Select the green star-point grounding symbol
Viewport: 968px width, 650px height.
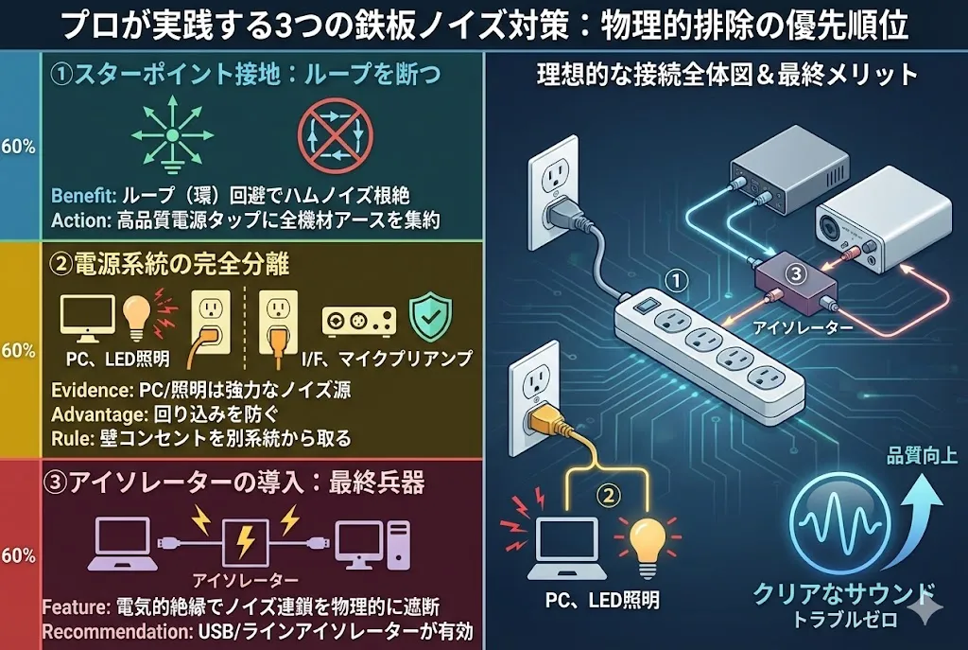coord(173,138)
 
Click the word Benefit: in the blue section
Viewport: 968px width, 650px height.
coord(83,198)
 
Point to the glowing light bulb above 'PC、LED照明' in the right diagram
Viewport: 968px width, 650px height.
coord(648,542)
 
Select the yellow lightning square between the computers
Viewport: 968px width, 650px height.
coord(245,542)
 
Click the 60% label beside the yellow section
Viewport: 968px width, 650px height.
coord(19,350)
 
